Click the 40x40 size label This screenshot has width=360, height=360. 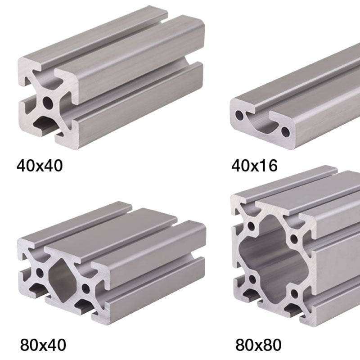coord(40,166)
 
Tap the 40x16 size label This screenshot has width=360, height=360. coord(254,166)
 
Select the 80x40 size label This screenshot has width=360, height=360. coord(43,345)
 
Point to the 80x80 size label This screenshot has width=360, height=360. coord(258,345)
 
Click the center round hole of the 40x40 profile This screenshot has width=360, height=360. coord(48,103)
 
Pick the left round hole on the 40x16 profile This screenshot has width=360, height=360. coord(239,116)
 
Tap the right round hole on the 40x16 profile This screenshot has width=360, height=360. coord(286,131)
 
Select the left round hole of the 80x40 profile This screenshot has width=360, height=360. coord(40,273)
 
